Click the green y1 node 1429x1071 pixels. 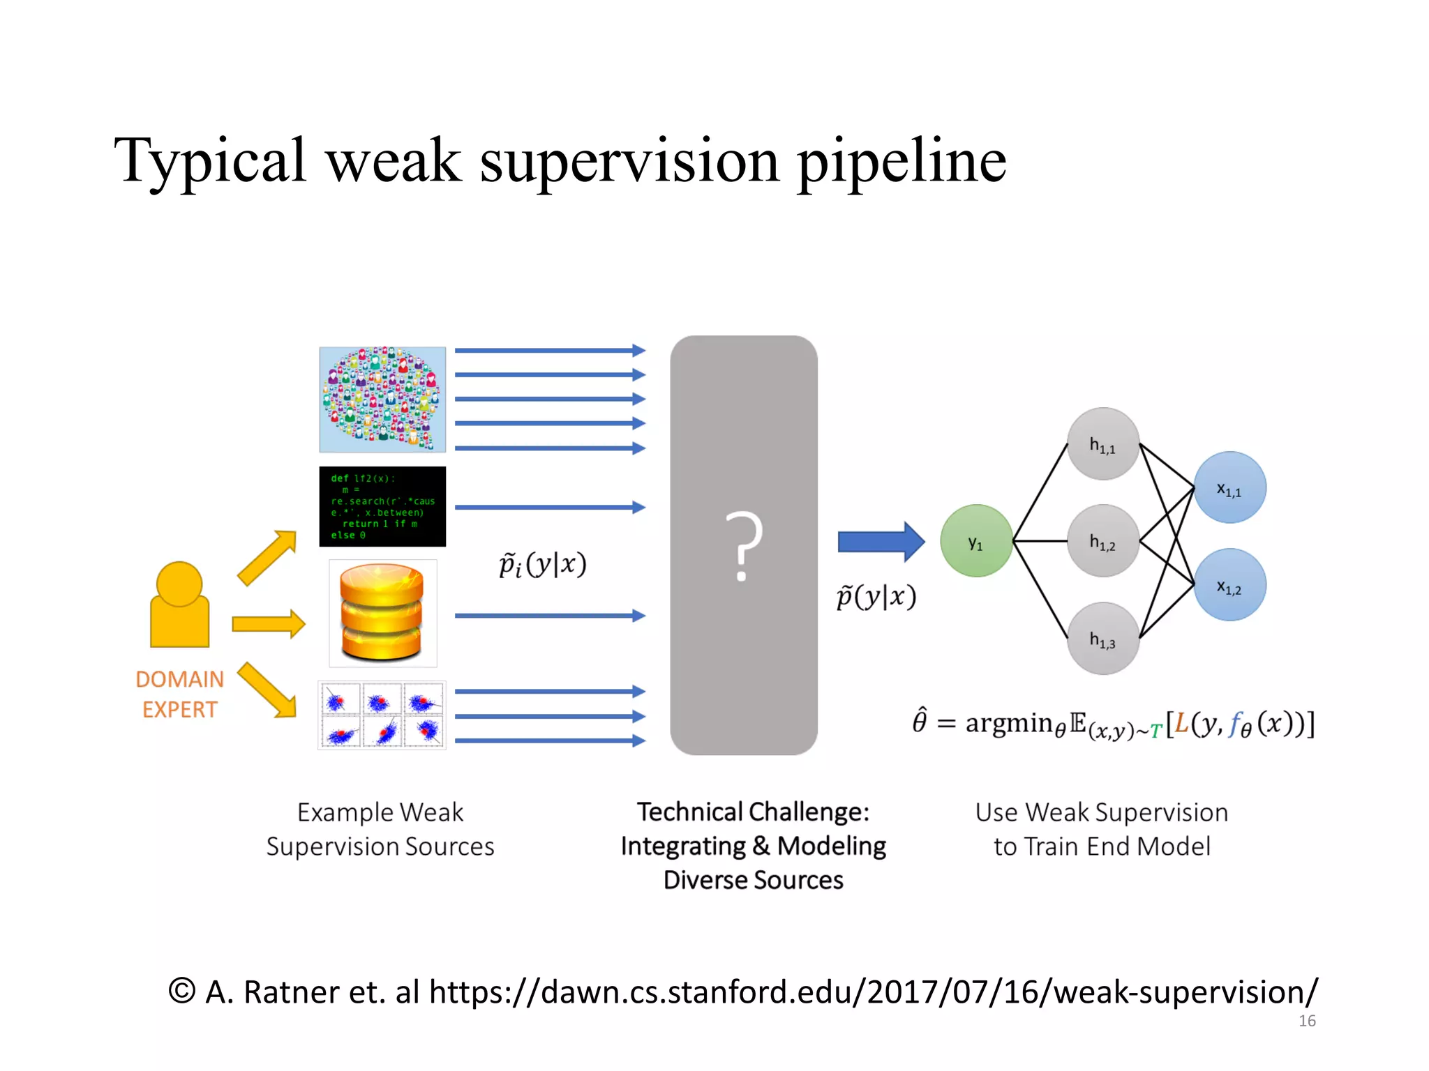click(976, 541)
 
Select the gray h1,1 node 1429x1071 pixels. click(1102, 444)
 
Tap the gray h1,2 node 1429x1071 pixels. click(1102, 541)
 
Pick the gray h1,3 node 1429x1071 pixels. click(1102, 639)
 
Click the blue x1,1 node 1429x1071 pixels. click(1229, 488)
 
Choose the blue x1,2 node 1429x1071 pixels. click(1229, 585)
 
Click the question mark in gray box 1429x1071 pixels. click(744, 546)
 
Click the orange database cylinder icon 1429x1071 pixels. click(382, 612)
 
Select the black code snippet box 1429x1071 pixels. click(382, 506)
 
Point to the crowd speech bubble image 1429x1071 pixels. click(382, 399)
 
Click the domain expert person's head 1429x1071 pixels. click(179, 584)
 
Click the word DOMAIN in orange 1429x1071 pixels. click(179, 679)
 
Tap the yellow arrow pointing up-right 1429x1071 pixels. click(267, 557)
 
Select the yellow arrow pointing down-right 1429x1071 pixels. click(267, 690)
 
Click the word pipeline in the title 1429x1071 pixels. click(901, 162)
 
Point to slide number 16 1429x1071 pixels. click(1307, 1021)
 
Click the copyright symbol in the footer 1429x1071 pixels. click(182, 991)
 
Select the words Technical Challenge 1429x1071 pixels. click(753, 812)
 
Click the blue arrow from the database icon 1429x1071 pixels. click(550, 616)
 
